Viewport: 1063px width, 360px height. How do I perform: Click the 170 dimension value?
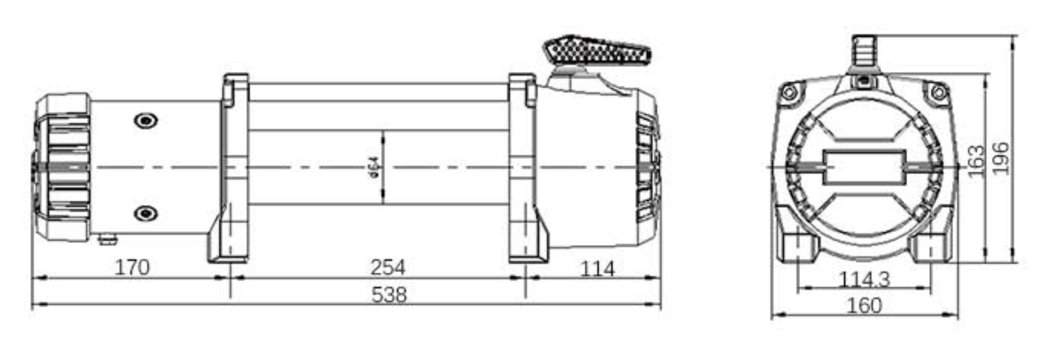(x=132, y=267)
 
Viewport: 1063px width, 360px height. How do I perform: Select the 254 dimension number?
(x=388, y=267)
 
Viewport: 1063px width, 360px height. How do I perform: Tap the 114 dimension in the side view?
(x=597, y=269)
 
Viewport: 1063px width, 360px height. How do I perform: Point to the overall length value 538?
(x=389, y=294)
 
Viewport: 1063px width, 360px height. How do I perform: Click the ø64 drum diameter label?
(x=374, y=167)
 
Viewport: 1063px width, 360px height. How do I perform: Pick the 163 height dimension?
(x=976, y=162)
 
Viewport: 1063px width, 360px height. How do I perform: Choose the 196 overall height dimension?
(x=1001, y=158)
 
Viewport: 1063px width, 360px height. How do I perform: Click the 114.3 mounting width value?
(x=864, y=280)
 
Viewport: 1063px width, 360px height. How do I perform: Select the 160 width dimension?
(x=864, y=305)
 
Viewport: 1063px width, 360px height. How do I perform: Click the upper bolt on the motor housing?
(x=146, y=121)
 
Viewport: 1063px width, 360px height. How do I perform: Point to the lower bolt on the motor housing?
(x=146, y=214)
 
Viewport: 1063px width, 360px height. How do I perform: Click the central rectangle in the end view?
(x=864, y=167)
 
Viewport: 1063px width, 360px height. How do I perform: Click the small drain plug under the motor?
(x=108, y=239)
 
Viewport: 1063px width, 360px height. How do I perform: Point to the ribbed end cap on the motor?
(x=62, y=167)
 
